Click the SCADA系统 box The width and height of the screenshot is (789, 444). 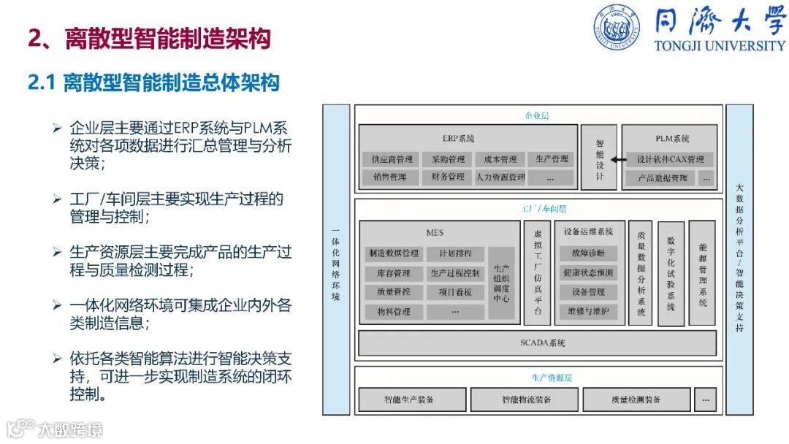coord(542,342)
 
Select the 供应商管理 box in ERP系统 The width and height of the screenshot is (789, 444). coord(391,159)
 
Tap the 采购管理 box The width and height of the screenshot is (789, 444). coord(447,159)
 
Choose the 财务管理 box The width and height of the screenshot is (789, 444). coord(447,177)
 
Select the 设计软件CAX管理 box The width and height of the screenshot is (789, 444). coord(669,159)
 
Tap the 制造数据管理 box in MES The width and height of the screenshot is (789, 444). coord(394,253)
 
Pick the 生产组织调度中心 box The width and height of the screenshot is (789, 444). coord(501,283)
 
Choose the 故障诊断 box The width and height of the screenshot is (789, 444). coord(588,253)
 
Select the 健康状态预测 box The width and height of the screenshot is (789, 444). coord(588,273)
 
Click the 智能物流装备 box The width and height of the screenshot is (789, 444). coord(525,399)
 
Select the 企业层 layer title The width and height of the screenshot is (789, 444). coord(537,115)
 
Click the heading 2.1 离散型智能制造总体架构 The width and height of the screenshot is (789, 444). coord(153,83)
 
